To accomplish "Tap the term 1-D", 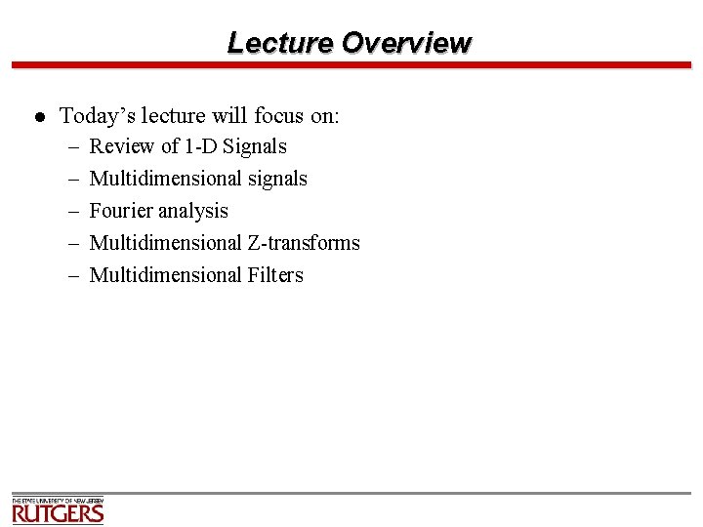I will (x=201, y=146).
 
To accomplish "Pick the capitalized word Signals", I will (x=255, y=146).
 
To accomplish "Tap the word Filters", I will (x=275, y=275).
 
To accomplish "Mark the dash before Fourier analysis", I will (x=74, y=212).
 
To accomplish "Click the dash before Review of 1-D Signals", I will (x=74, y=147).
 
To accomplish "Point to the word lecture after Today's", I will (x=173, y=116).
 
